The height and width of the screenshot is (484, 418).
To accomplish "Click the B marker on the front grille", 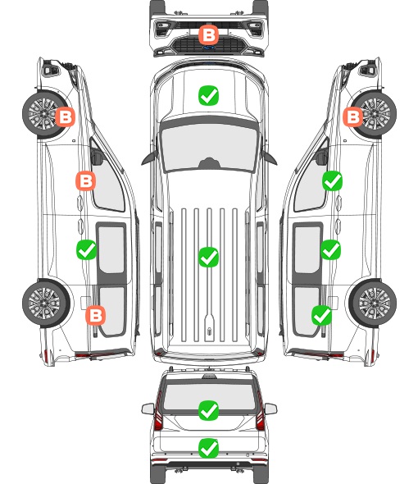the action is tap(208, 35).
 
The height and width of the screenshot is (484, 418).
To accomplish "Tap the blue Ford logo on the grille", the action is tap(209, 48).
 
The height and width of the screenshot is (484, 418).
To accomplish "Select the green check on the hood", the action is tap(208, 95).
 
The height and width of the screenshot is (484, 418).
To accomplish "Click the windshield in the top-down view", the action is tap(209, 148).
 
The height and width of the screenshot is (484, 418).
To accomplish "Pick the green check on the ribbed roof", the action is tap(208, 257).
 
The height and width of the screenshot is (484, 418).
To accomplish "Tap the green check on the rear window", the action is tap(208, 410).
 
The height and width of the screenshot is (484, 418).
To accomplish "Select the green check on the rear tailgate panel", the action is tap(208, 448).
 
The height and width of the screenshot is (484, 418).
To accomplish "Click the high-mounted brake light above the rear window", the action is tap(209, 377).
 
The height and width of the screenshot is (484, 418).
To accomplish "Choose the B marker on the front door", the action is tap(86, 180).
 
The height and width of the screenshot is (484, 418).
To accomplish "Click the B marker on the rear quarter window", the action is tap(96, 315).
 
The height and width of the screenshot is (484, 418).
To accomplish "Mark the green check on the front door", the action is tap(332, 180).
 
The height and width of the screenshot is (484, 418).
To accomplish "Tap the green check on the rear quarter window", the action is tap(322, 315).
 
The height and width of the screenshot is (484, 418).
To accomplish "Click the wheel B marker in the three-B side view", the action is tap(65, 116).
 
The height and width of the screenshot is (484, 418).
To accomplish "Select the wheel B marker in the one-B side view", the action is tap(353, 116).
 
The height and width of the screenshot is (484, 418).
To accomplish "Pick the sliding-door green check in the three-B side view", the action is tap(86, 249).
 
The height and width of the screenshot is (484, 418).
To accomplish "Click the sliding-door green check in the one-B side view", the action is tap(330, 249).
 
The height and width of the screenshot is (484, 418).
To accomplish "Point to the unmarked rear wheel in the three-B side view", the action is tap(46, 304).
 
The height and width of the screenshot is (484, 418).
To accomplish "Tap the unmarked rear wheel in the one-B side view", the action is tap(373, 304).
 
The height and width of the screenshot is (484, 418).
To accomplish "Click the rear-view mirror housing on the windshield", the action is tap(209, 162).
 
